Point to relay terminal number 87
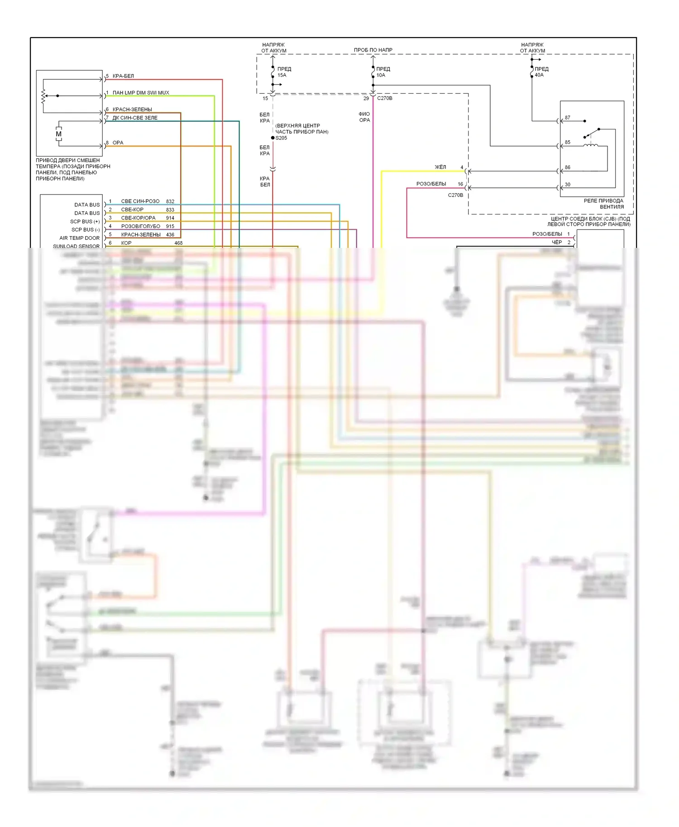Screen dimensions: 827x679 point(568,118)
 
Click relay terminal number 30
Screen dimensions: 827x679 point(568,185)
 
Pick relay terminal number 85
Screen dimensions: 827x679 point(568,142)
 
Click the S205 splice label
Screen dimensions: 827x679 point(281,138)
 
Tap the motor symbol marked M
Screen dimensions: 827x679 point(58,134)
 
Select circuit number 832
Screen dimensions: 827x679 point(170,201)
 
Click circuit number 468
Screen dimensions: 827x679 point(178,243)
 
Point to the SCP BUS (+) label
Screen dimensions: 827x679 point(85,221)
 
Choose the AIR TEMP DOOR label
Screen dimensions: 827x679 point(79,238)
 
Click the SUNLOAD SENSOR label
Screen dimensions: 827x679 point(76,246)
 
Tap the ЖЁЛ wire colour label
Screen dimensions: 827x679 point(440,167)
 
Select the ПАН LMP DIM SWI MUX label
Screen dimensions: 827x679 point(141,93)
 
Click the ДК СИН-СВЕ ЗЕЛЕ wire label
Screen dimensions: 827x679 point(135,118)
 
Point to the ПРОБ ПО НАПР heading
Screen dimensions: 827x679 point(373,50)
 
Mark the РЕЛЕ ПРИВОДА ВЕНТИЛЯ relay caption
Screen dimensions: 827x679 point(604,204)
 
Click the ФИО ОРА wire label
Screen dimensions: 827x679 point(364,117)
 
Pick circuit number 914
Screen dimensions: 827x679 point(170,218)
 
